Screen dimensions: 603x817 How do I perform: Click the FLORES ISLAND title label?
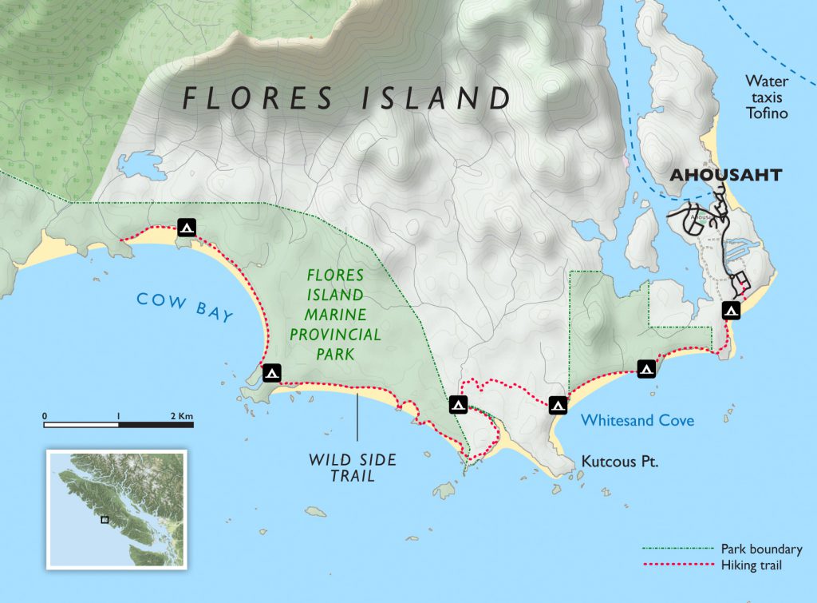pyautogui.click(x=346, y=97)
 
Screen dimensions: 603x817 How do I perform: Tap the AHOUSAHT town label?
pyautogui.click(x=724, y=175)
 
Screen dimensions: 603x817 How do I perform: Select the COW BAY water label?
pyautogui.click(x=184, y=307)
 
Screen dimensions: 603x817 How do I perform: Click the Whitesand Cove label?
pyautogui.click(x=637, y=420)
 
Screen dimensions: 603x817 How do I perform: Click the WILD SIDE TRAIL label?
pyautogui.click(x=353, y=468)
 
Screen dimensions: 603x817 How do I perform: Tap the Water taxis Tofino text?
pyautogui.click(x=767, y=97)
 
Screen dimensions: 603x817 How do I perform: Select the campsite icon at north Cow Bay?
pyautogui.click(x=187, y=228)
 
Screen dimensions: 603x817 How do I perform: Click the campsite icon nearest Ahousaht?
pyautogui.click(x=730, y=311)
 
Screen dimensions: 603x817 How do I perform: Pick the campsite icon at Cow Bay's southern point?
pyautogui.click(x=272, y=373)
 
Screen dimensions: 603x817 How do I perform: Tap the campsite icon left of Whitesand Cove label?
pyautogui.click(x=558, y=405)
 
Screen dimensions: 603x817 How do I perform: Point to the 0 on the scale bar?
pyautogui.click(x=45, y=416)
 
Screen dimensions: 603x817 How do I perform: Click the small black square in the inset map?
pyautogui.click(x=105, y=519)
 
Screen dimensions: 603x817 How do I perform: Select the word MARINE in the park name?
pyautogui.click(x=335, y=314)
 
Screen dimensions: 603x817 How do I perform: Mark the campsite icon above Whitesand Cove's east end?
pyautogui.click(x=646, y=369)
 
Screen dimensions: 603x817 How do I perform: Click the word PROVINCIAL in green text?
pyautogui.click(x=335, y=335)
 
